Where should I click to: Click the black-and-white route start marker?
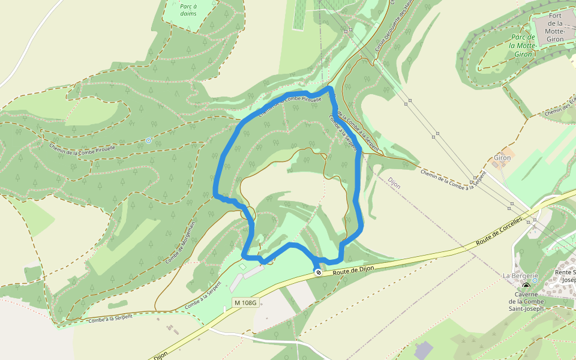pos(318,272)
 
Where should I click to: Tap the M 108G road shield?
pos(245,303)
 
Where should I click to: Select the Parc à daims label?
pos(188,10)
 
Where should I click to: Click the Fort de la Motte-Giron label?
pos(554,26)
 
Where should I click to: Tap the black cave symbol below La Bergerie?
pos(526,286)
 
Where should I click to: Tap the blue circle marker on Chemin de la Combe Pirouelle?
pos(148,140)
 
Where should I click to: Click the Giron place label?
pos(502,158)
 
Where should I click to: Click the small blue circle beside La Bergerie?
pos(535,280)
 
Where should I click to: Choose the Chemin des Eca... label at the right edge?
pos(560,108)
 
